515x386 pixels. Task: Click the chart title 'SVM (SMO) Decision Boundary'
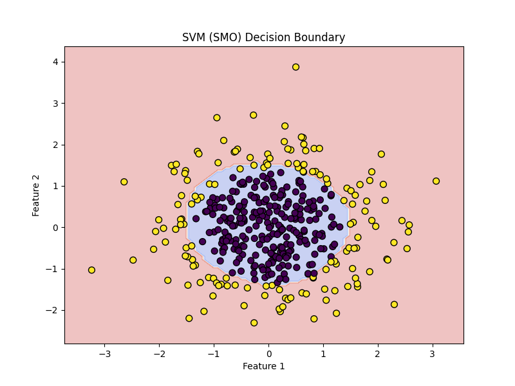coord(263,37)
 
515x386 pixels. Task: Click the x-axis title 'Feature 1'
coord(263,366)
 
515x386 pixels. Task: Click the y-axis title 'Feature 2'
coord(35,196)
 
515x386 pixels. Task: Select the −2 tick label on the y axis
coord(53,310)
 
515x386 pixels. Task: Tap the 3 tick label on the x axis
coord(432,354)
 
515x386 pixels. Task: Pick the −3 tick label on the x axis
coord(104,354)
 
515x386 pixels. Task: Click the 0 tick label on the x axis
coord(268,354)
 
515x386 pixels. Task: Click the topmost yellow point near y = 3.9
coord(295,67)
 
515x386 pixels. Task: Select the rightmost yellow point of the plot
coord(436,181)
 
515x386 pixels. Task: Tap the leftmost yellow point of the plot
coord(91,270)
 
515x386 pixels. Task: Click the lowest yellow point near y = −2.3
coord(254,323)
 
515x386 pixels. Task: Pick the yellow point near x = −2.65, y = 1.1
coord(124,182)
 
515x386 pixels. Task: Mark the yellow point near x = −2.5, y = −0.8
coord(133,260)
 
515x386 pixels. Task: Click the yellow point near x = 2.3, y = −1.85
coord(394,304)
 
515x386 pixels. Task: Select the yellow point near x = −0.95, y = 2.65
coord(217,118)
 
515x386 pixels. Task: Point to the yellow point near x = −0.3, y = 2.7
coord(253,115)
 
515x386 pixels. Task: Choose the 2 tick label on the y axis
coord(55,145)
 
